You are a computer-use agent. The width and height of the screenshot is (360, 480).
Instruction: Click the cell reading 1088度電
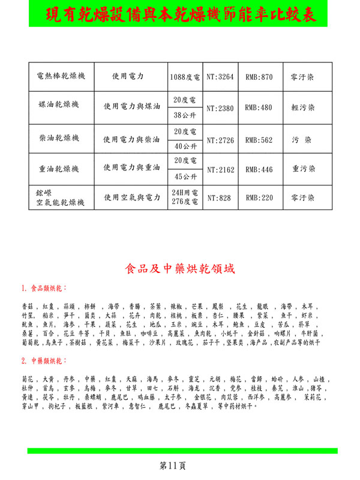184,77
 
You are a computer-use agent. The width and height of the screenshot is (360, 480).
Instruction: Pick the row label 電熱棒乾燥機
61,77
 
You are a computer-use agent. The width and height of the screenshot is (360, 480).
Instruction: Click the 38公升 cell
184,115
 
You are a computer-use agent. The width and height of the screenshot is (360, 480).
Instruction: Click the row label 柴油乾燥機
61,139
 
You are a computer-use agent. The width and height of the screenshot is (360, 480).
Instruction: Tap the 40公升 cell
184,146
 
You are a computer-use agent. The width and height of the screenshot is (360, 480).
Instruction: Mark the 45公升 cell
184,177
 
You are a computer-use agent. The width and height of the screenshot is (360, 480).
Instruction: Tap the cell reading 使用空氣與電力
131,197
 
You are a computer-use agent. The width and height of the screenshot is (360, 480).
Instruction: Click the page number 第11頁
174,465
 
